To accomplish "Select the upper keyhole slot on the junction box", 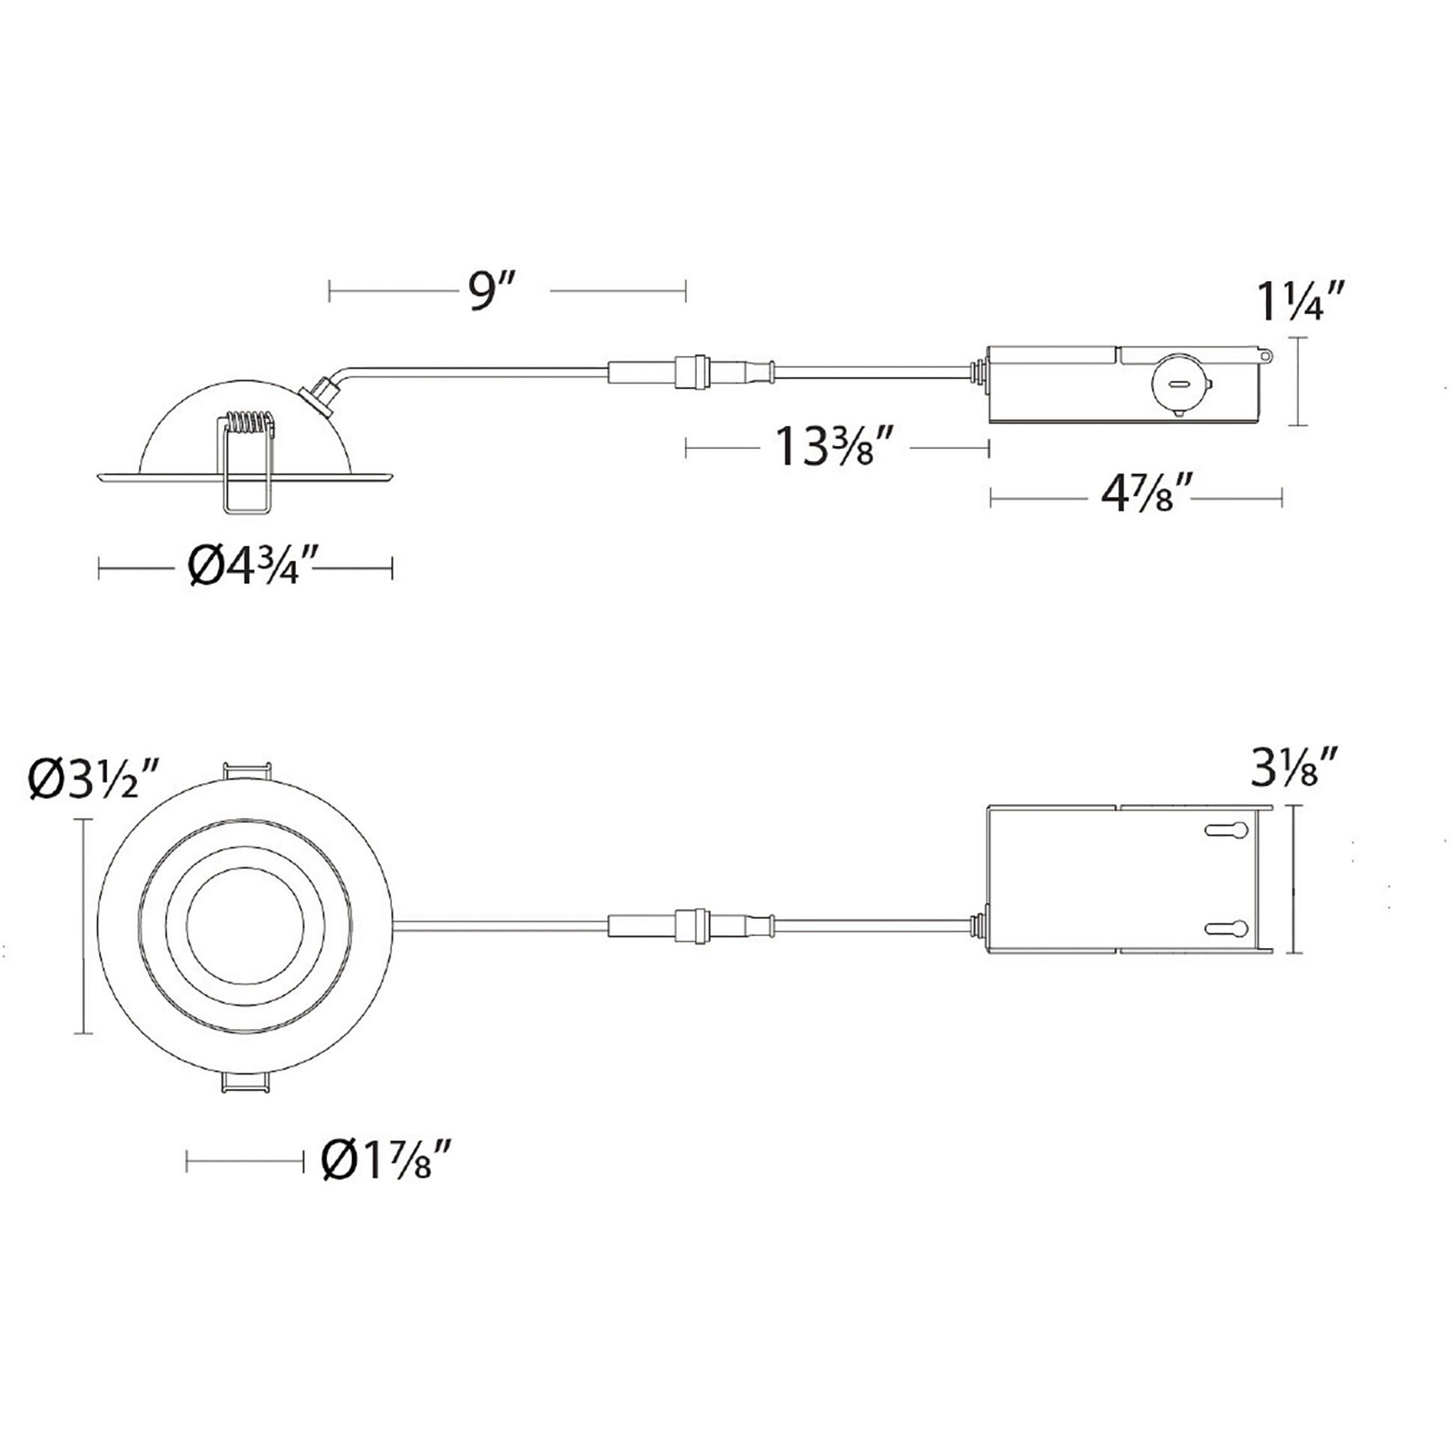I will point(1228,830).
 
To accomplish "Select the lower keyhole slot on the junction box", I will point(1228,929).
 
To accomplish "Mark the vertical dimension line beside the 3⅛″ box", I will point(1294,878).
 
